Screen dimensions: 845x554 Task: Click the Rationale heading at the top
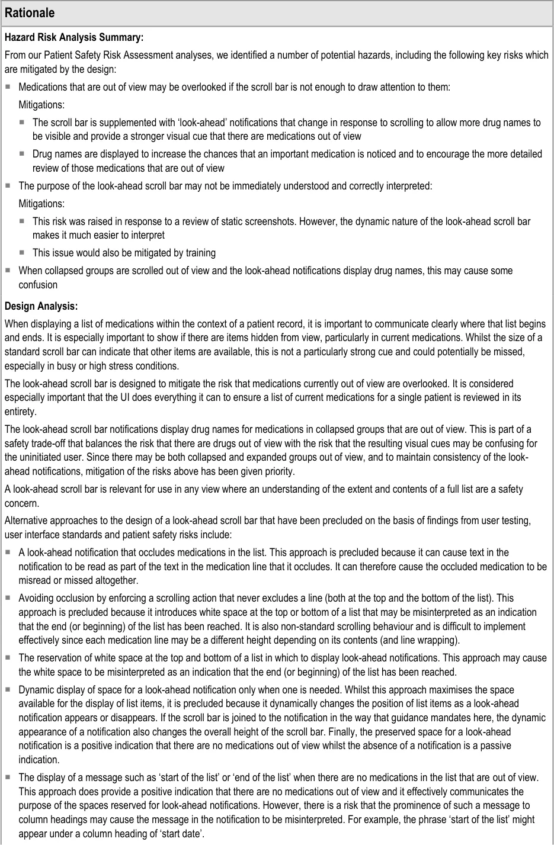point(30,12)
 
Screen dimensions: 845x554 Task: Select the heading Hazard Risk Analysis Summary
point(74,37)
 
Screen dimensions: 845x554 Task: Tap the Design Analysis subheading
point(41,306)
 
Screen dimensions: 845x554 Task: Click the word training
point(198,253)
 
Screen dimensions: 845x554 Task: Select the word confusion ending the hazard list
point(38,285)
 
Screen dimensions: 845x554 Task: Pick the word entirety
point(20,412)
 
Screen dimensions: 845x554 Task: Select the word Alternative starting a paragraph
point(26,521)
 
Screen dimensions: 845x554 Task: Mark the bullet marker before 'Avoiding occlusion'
point(8,598)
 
